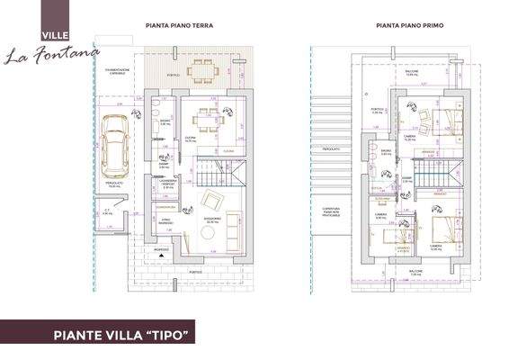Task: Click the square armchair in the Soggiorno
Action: pyautogui.click(x=212, y=200)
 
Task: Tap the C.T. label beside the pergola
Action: pyautogui.click(x=106, y=212)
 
